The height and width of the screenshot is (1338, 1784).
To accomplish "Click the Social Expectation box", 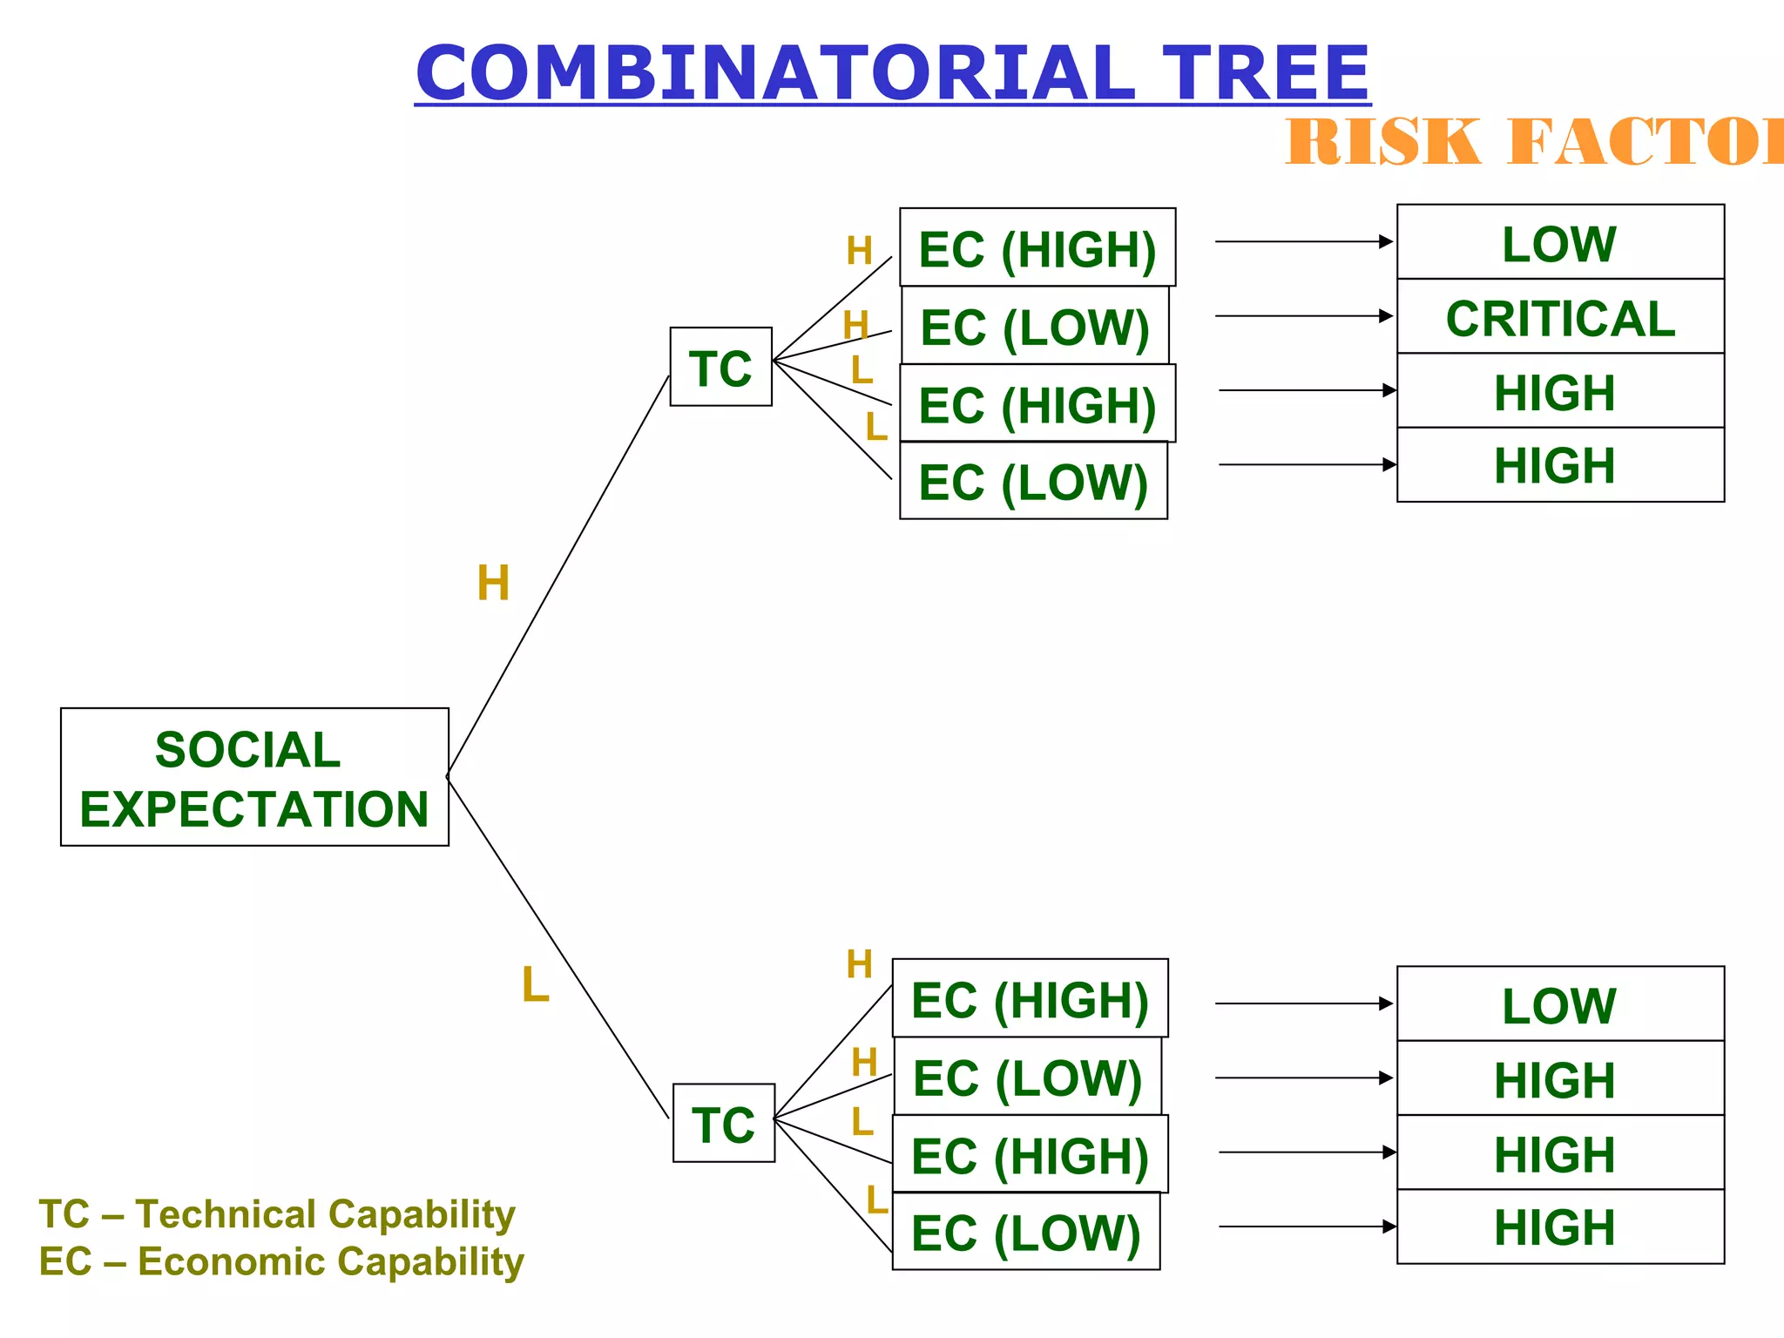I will click(x=254, y=777).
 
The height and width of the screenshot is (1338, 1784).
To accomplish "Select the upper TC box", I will click(x=721, y=367).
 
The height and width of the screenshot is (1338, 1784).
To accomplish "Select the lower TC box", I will click(x=724, y=1123).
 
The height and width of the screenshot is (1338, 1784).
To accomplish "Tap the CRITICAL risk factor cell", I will click(x=1560, y=317).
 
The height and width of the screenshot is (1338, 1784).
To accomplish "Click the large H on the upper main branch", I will click(x=493, y=583).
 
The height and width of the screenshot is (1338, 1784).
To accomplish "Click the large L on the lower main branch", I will click(x=535, y=986).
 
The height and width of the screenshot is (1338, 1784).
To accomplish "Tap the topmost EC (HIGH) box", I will click(x=1037, y=248).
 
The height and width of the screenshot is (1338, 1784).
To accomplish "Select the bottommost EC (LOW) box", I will click(x=1025, y=1232).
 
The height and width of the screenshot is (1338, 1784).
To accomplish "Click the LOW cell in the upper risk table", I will click(x=1560, y=243).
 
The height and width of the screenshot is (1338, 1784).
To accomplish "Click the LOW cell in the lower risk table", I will click(x=1560, y=1004).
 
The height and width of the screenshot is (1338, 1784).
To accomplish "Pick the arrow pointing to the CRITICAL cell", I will click(x=1303, y=316).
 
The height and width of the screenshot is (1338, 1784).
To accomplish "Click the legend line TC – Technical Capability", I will click(x=277, y=1214).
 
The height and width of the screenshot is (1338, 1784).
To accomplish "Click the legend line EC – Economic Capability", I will click(x=281, y=1261).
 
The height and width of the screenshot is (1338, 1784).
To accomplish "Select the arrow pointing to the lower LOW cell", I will click(x=1303, y=1003).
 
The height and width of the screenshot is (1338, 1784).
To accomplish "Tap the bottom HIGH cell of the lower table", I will click(x=1560, y=1226).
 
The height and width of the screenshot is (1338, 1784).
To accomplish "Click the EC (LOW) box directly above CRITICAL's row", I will click(x=1035, y=326).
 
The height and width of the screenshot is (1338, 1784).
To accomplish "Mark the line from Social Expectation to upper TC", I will click(x=557, y=575).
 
